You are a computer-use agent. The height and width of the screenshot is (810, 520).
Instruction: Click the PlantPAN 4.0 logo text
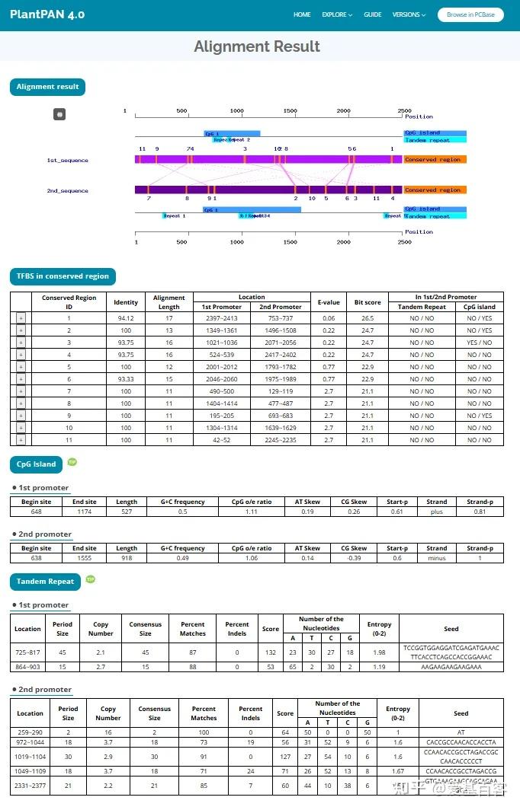click(x=47, y=14)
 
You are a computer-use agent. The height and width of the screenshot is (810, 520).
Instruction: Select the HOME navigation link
click(x=302, y=14)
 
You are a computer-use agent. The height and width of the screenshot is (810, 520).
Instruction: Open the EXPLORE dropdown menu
click(x=336, y=14)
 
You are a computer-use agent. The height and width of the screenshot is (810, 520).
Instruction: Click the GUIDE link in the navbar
click(x=372, y=14)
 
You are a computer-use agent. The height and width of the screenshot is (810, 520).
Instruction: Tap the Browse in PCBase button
click(x=470, y=14)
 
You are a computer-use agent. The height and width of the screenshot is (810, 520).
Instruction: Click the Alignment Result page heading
click(x=257, y=46)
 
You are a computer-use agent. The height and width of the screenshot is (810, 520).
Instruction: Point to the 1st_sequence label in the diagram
click(x=67, y=160)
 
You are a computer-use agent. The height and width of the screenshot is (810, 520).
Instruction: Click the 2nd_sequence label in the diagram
click(x=67, y=190)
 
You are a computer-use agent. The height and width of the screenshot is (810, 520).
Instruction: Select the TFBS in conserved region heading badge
click(x=63, y=276)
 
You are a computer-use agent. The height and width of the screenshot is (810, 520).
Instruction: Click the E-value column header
click(x=329, y=302)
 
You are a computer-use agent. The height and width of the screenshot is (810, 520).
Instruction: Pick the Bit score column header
click(x=368, y=302)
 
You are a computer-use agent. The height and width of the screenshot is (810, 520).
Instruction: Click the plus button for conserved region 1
click(x=21, y=318)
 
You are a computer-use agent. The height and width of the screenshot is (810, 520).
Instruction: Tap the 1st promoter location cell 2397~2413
click(x=220, y=318)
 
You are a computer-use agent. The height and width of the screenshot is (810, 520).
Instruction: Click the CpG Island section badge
click(x=37, y=464)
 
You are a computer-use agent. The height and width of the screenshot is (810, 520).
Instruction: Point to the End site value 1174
click(x=84, y=512)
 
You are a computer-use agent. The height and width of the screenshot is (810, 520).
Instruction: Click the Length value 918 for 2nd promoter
click(x=127, y=558)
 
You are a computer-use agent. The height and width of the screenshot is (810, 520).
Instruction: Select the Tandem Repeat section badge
click(x=46, y=582)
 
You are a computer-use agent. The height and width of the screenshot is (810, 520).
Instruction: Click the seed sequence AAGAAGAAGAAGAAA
click(x=451, y=667)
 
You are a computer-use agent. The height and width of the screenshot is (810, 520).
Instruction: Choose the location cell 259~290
click(x=30, y=732)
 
